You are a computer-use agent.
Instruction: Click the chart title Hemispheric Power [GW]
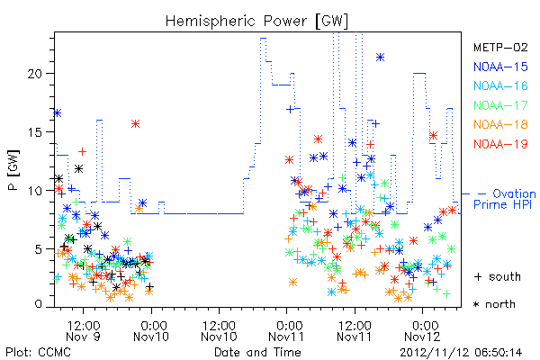256,22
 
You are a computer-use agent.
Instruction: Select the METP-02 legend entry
500,47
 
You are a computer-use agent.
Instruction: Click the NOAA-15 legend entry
500,67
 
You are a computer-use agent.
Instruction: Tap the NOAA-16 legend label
500,85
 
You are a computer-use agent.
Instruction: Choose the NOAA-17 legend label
500,105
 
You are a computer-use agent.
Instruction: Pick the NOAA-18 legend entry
500,124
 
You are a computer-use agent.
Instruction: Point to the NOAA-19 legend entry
500,144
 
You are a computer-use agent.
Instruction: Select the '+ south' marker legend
498,276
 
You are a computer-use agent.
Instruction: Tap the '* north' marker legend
494,304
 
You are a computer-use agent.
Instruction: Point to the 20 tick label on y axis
36,74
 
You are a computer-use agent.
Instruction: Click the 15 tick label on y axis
36,132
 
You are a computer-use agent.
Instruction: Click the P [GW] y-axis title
13,169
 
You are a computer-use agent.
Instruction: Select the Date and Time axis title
257,352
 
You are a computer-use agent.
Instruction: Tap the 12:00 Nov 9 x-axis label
83,331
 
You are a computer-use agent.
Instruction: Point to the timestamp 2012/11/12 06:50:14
461,353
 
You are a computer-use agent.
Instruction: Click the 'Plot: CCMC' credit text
38,353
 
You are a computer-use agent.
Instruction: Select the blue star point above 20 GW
380,58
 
